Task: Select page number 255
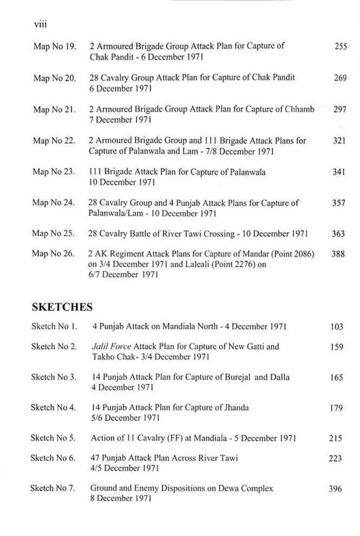(340, 47)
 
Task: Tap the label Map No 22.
(54, 141)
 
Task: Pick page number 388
(338, 254)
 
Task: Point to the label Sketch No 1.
(54, 327)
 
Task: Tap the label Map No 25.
(54, 234)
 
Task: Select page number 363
(338, 234)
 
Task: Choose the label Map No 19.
(54, 47)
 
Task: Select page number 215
(336, 439)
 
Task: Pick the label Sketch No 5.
(53, 439)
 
